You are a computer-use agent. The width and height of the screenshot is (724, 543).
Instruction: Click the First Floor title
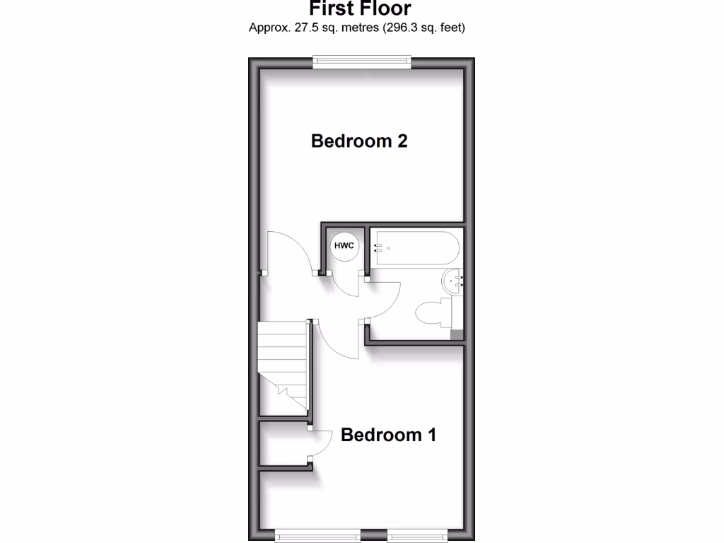(360, 8)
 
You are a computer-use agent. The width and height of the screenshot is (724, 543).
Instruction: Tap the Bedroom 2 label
(359, 141)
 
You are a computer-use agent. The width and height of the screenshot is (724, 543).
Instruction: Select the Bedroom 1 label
(388, 434)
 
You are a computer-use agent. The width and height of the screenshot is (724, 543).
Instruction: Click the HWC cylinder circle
(344, 246)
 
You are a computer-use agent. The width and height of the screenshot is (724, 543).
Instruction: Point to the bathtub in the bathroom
(417, 248)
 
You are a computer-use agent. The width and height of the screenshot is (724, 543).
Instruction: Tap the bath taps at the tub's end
(378, 247)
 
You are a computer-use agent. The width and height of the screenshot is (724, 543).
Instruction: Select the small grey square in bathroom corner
(457, 335)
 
